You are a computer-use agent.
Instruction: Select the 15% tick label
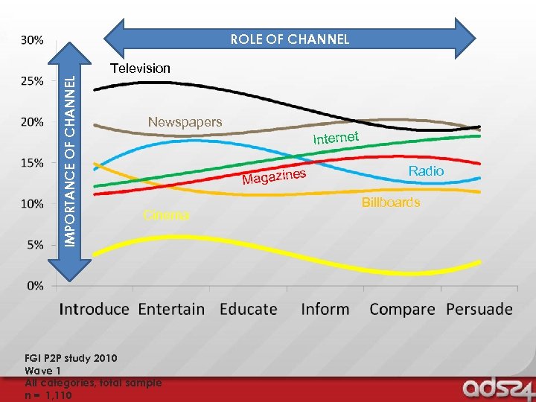click(x=31, y=162)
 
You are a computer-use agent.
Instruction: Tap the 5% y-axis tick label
click(x=33, y=245)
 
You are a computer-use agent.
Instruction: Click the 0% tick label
click(x=33, y=285)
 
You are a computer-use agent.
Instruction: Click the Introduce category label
click(x=94, y=309)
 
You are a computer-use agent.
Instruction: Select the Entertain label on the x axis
click(x=171, y=309)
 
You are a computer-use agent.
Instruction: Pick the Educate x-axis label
click(x=249, y=309)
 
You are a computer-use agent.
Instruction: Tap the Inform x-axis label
click(x=325, y=309)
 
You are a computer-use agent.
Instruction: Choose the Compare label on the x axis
click(x=402, y=309)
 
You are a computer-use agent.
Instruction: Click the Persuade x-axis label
click(x=479, y=309)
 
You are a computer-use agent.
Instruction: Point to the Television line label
click(x=140, y=68)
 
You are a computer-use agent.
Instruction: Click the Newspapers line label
click(x=185, y=121)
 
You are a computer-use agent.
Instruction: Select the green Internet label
click(x=336, y=138)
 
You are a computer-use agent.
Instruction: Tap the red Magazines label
click(x=275, y=177)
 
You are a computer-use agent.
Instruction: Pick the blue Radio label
click(x=426, y=171)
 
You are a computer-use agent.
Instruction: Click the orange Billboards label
click(x=391, y=202)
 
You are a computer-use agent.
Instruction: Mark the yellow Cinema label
click(x=166, y=215)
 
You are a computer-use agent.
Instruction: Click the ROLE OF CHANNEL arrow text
click(x=290, y=39)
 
